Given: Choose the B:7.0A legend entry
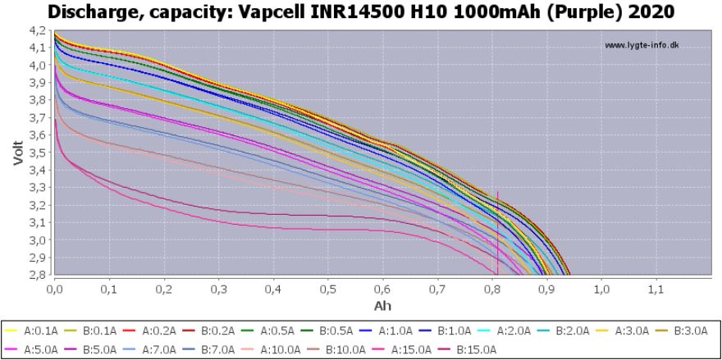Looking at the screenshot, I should (216, 348).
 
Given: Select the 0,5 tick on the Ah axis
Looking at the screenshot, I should (328, 289).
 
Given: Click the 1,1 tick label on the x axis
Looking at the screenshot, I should (656, 289).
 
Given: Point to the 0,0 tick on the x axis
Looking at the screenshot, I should (55, 289).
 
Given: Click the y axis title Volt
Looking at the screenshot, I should (18, 153).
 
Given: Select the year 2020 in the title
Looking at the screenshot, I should (654, 11).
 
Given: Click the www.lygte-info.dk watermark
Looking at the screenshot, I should (642, 45).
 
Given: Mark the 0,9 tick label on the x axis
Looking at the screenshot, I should (546, 289).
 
